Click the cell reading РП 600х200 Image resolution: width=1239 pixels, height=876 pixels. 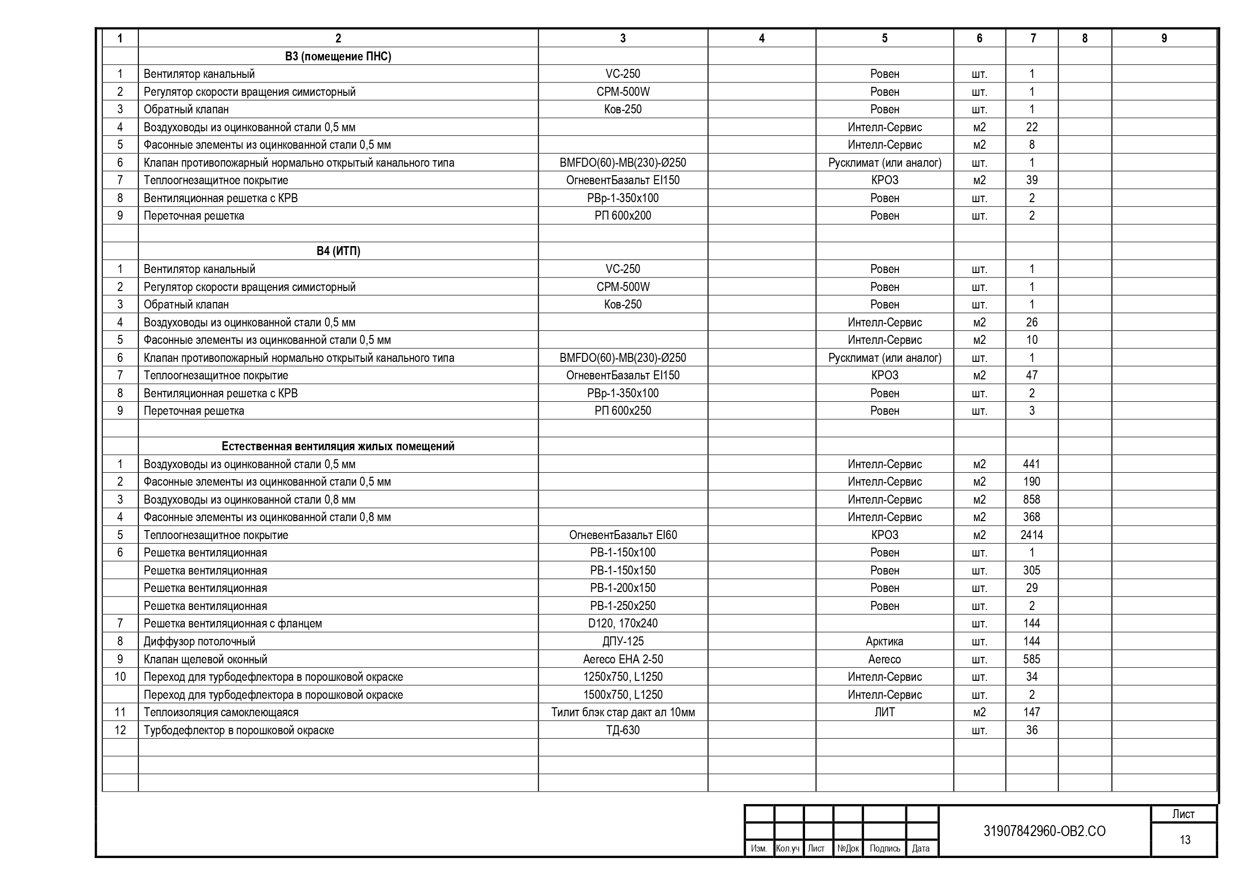623,216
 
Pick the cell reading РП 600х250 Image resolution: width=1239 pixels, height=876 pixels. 623,410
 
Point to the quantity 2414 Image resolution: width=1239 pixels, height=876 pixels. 1032,535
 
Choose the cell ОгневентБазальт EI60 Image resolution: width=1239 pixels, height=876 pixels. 623,535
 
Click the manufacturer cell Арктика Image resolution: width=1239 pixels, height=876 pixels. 884,641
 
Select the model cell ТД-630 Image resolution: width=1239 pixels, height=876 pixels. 623,730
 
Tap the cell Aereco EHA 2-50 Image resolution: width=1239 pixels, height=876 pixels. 623,659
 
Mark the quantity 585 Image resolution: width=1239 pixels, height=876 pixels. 1032,659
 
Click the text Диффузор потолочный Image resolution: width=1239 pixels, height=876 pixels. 199,641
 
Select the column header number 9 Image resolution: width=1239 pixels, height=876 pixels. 1164,38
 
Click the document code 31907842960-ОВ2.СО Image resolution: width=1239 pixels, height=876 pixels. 1045,831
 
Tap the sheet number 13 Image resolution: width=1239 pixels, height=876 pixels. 1185,840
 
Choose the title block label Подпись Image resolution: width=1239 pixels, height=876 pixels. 885,849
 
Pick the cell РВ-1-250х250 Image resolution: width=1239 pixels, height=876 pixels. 623,606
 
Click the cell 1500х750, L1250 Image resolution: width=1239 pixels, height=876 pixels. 623,695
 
